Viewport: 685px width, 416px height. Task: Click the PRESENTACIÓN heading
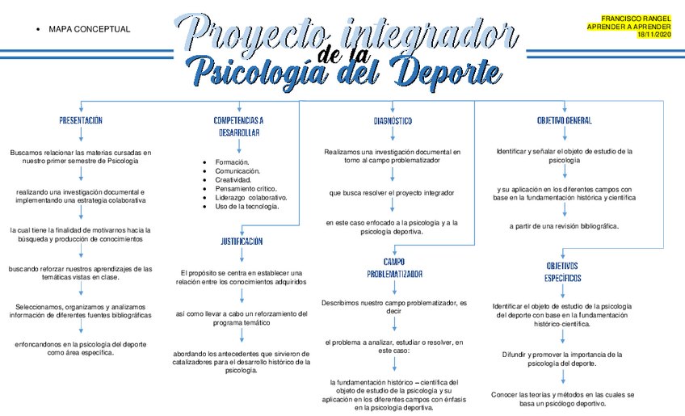81,120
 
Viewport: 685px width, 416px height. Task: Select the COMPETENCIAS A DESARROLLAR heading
238,126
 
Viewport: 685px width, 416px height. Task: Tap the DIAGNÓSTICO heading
393,120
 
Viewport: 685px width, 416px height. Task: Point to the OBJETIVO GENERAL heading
564,120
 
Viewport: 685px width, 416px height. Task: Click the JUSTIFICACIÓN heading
242,241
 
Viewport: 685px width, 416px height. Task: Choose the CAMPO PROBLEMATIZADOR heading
394,267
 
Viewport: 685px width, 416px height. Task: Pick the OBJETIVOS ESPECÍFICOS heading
562,271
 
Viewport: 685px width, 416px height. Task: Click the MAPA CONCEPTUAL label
89,29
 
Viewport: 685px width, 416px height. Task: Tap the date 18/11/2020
653,35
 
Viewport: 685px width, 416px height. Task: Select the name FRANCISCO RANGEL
636,18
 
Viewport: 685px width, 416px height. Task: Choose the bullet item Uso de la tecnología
247,206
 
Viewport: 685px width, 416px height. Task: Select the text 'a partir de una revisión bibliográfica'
564,226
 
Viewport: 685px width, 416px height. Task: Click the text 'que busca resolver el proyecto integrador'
392,193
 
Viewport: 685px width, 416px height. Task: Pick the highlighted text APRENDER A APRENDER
630,27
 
